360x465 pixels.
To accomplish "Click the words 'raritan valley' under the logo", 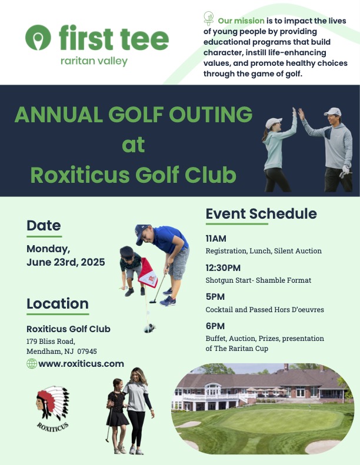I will [94, 61].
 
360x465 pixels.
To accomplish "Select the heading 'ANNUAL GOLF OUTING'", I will [134, 114].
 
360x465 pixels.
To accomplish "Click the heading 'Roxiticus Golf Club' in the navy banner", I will [134, 175].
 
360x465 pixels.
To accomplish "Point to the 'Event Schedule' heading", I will [261, 214].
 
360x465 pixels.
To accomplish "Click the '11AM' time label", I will [216, 239].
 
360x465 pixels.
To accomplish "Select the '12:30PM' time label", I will [223, 267].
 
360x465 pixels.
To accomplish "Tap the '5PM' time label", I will [215, 297].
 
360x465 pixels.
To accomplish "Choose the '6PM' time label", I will [215, 326].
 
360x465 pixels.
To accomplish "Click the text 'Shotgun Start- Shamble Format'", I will [258, 280].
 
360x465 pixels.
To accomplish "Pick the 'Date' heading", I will [44, 225].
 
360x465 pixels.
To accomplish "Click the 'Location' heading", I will [58, 304].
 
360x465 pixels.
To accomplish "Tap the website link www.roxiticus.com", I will [81, 364].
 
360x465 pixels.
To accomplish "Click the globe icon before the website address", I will [32, 364].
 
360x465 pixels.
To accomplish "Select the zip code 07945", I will [87, 351].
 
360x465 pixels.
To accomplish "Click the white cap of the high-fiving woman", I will [274, 122].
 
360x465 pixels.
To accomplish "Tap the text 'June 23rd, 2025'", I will [66, 262].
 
